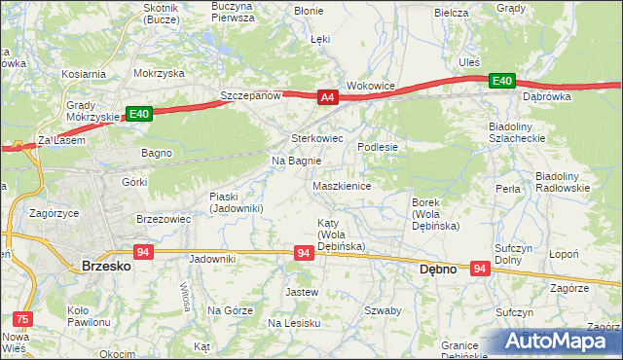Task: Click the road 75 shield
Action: tap(21, 317)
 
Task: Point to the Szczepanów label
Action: tap(250, 96)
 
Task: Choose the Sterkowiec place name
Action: tap(319, 138)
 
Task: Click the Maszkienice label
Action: tap(341, 186)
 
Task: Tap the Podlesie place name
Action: tap(378, 146)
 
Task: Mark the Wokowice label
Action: tap(371, 86)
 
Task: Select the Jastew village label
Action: tap(301, 292)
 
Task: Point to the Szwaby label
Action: tap(383, 310)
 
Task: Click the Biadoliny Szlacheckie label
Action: tap(521, 132)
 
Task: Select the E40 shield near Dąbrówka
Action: tap(502, 80)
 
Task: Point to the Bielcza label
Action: tap(452, 13)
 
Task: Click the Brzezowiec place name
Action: tap(163, 219)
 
